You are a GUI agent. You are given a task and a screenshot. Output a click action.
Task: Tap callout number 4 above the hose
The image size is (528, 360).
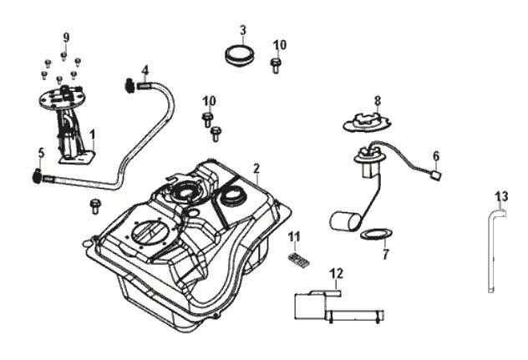145,69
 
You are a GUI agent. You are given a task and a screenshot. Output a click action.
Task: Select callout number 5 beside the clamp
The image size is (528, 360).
40,153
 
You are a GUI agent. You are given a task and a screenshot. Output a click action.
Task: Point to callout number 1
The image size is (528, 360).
93,134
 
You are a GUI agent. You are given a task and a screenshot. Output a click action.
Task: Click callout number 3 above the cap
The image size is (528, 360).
243,31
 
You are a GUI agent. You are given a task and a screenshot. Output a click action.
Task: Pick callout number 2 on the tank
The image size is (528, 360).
256,169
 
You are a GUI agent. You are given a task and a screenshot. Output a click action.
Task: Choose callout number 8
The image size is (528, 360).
378,100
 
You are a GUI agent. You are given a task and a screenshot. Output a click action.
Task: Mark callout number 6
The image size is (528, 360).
435,155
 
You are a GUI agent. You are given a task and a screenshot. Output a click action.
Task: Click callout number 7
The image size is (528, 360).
385,255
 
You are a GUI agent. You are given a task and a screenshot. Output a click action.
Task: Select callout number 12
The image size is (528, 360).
337,273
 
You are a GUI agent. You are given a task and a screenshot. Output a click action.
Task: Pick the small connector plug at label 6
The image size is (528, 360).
435,175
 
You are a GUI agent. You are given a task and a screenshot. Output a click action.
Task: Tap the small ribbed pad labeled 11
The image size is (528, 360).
297,260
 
